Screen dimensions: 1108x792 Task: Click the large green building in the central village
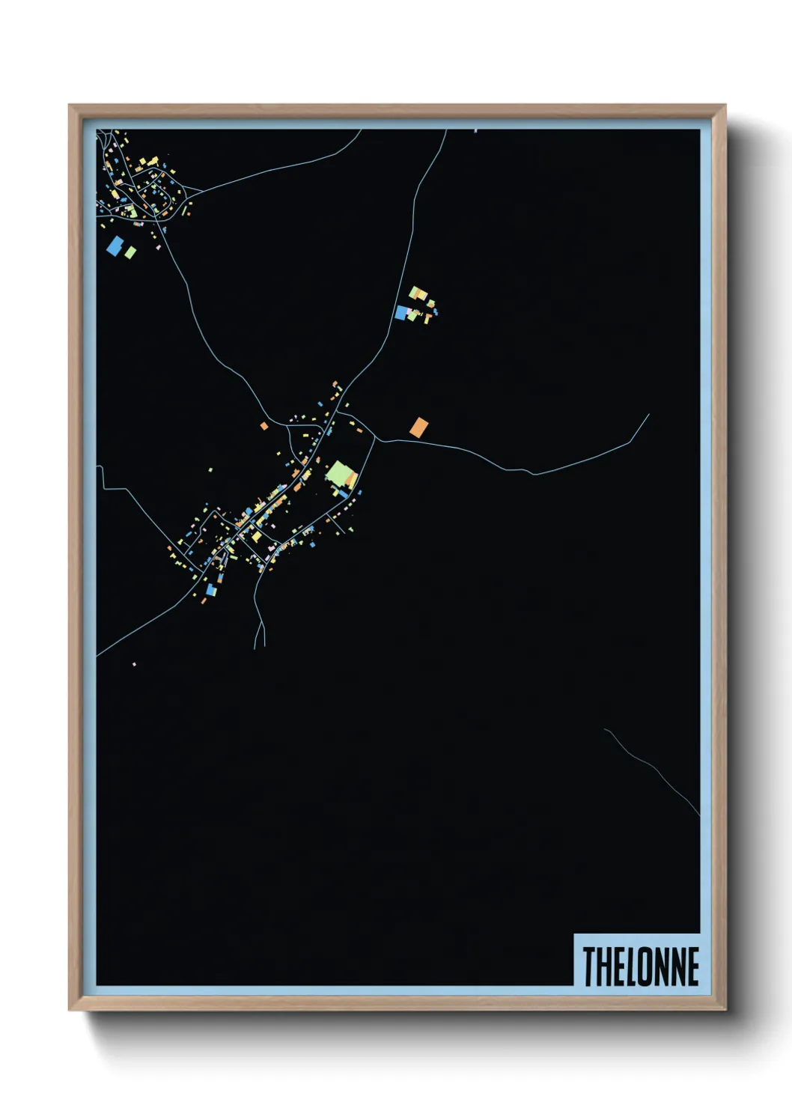[x=340, y=474]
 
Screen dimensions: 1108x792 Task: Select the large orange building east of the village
[x=418, y=427]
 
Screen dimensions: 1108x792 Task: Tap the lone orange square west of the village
[x=264, y=426]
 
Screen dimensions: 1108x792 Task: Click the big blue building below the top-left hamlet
[x=115, y=246]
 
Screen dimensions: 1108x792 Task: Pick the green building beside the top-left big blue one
[x=130, y=252]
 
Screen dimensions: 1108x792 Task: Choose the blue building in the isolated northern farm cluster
[x=402, y=312]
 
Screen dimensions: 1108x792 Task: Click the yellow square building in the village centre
[x=257, y=537]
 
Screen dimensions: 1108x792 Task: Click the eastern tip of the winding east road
[x=648, y=415]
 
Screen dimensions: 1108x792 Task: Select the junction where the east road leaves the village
[x=376, y=438]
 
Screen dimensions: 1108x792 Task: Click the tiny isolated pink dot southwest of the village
[x=134, y=664]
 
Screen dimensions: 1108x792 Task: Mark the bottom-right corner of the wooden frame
[x=725, y=1009]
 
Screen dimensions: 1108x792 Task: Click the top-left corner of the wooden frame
[x=70, y=106]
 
